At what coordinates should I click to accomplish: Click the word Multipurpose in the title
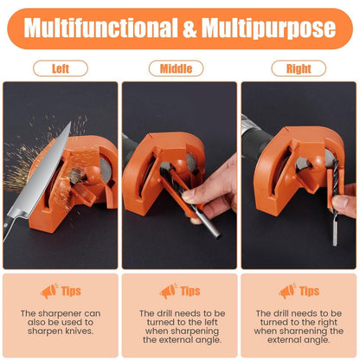(x=269, y=28)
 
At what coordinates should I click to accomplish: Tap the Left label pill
(x=61, y=68)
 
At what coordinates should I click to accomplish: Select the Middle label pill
(x=177, y=68)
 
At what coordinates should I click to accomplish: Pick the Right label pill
(x=298, y=68)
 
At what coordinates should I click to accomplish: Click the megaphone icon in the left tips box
(x=49, y=291)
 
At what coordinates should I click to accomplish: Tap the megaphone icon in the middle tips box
(x=168, y=291)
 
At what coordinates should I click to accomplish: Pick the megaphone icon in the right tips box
(x=287, y=291)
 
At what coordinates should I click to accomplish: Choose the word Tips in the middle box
(x=190, y=292)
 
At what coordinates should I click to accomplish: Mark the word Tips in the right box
(x=309, y=292)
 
